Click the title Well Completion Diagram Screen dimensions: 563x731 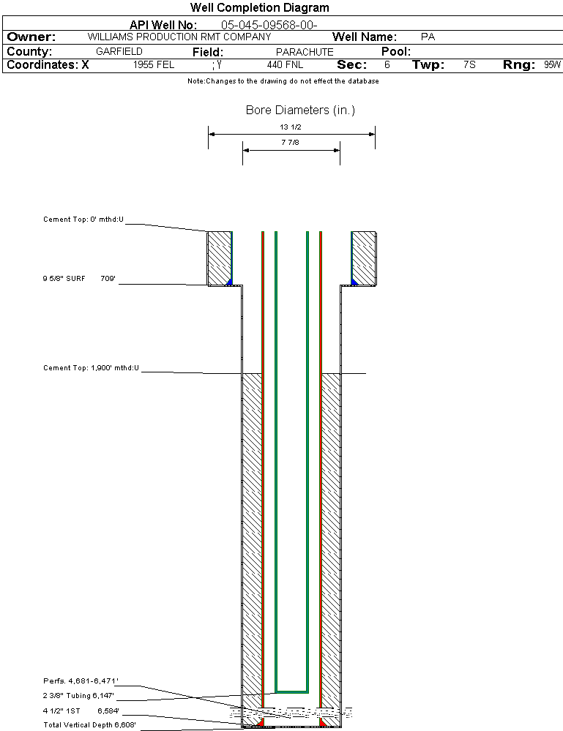tap(259, 8)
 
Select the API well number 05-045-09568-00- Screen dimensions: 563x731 tap(269, 25)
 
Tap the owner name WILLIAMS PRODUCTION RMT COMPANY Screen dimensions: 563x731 tap(179, 37)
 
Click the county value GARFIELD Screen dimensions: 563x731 tap(119, 51)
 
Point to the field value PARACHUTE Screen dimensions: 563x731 tap(305, 52)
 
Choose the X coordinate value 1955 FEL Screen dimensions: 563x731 tap(154, 65)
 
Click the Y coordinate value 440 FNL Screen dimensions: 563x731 tap(285, 65)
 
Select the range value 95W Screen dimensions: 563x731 tap(552, 65)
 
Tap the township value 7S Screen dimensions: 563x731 tap(469, 65)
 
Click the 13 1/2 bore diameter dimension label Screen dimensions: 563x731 tap(291, 127)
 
